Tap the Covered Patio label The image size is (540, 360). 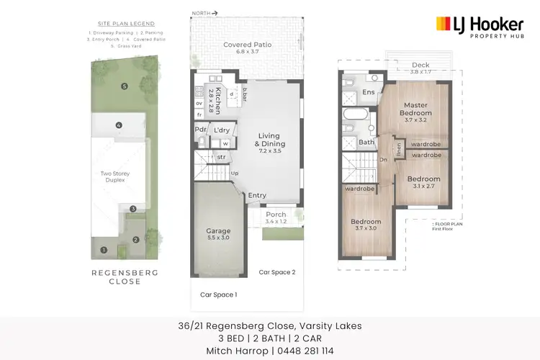(247, 48)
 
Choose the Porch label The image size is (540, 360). (276, 214)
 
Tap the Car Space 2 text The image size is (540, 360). (277, 271)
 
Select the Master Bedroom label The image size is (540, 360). (416, 109)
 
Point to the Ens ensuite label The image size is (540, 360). (368, 93)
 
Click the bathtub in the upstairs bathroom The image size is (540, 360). (356, 115)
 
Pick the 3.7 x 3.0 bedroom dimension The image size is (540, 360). (366, 228)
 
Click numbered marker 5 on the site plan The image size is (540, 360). (124, 86)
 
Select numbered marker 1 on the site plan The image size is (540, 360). (104, 250)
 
